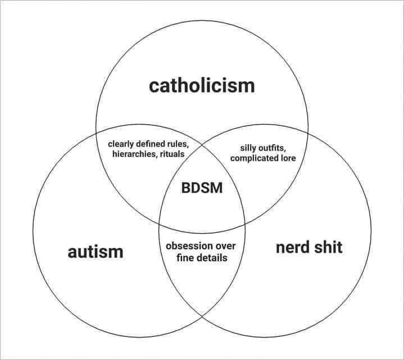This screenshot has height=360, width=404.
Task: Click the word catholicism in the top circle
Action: coord(202,85)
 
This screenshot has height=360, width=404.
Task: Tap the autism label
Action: coord(96,251)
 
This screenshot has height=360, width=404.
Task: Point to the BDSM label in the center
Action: coord(202,188)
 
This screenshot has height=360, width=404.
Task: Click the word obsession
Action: coord(189,246)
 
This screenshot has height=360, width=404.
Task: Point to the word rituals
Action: coord(171,154)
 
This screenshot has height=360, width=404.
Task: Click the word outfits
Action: coord(274,148)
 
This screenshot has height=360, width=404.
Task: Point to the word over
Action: coord(226,246)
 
